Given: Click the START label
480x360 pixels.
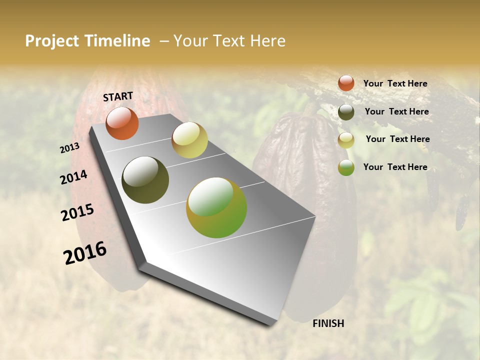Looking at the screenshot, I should (x=118, y=96).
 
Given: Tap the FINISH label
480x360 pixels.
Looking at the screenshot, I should (x=328, y=323).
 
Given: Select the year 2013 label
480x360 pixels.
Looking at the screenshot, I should (x=70, y=148).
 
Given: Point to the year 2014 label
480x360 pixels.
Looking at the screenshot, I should (x=73, y=177).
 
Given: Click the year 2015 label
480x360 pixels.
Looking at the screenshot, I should (x=77, y=212).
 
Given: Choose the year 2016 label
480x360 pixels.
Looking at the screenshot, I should (x=85, y=253).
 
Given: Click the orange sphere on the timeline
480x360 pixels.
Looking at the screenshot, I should (x=122, y=123).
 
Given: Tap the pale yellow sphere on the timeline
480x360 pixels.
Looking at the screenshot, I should (x=189, y=140).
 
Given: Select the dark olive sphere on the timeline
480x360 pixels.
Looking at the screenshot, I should (x=145, y=180).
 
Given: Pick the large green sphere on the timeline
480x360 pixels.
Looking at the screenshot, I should (x=216, y=207).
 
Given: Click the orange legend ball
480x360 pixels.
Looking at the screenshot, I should (x=346, y=83).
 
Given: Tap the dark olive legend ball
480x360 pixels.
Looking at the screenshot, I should (x=346, y=112).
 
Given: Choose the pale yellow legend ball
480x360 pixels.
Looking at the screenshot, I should (x=346, y=140).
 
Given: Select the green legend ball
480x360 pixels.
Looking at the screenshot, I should (x=346, y=168).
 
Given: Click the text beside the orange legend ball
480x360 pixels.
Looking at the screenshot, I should (x=395, y=83).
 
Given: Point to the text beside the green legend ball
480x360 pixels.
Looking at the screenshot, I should (x=395, y=167).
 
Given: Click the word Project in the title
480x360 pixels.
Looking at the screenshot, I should (x=52, y=41).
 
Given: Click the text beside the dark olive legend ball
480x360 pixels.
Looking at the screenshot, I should (x=396, y=111).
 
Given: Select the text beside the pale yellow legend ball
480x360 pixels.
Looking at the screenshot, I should (x=397, y=139).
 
